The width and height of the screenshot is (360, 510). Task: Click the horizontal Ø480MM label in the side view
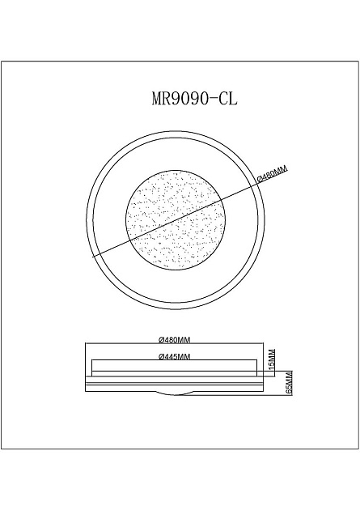(x=174, y=339)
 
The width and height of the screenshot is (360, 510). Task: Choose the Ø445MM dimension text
(x=174, y=357)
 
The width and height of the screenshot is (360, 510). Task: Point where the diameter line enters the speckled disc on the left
(x=128, y=237)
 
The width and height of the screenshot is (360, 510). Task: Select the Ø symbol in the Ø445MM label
(x=162, y=357)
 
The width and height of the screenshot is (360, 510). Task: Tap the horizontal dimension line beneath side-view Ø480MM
(x=174, y=345)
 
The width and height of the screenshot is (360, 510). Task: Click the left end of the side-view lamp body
(x=87, y=380)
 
